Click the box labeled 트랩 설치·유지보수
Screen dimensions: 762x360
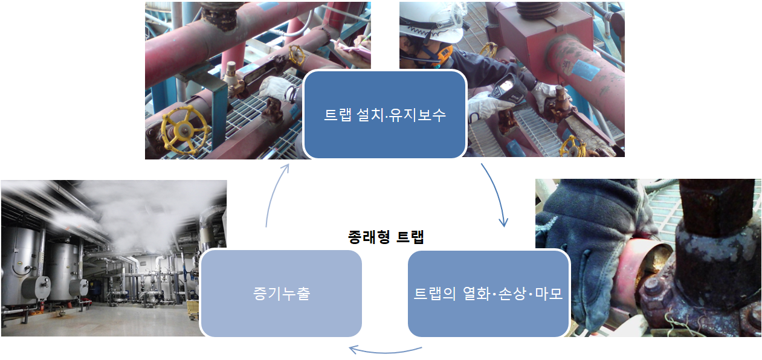point(384,114)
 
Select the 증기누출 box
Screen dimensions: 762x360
point(280,294)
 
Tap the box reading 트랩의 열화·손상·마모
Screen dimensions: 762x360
point(488,294)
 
